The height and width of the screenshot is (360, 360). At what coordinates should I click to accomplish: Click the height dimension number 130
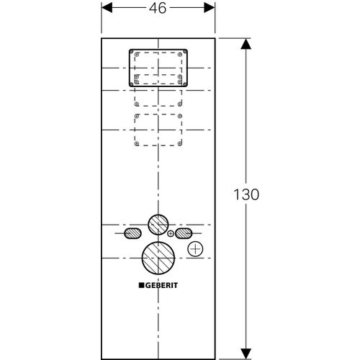pyautogui.click(x=247, y=194)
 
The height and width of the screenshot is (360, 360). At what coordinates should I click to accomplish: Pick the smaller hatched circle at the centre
pyautogui.click(x=157, y=225)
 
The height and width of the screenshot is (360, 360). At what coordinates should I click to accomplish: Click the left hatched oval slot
pyautogui.click(x=132, y=233)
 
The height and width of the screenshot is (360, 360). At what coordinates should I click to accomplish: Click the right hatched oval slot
pyautogui.click(x=183, y=233)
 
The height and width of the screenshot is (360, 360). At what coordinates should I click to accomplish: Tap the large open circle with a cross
pyautogui.click(x=195, y=251)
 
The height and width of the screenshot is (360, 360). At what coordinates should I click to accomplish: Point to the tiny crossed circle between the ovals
pyautogui.click(x=171, y=234)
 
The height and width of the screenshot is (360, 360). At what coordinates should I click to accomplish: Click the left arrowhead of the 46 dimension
pyautogui.click(x=105, y=8)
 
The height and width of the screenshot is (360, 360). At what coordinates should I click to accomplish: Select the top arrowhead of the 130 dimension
pyautogui.click(x=246, y=43)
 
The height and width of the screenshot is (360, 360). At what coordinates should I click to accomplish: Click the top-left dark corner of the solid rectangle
pyautogui.click(x=131, y=50)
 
